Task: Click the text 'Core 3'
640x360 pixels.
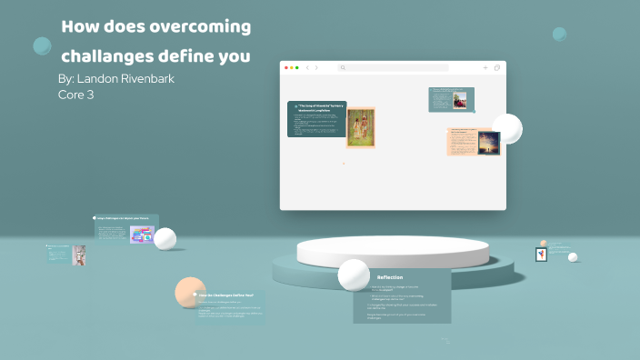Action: coord(75,94)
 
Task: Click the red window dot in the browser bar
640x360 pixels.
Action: coord(286,67)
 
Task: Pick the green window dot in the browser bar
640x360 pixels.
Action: coord(297,67)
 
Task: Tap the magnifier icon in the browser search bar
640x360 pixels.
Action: coord(343,67)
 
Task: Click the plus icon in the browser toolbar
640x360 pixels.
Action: coord(485,67)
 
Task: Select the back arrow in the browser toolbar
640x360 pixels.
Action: coord(307,67)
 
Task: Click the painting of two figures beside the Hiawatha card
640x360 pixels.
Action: coord(360,127)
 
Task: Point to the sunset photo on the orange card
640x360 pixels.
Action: coord(488,143)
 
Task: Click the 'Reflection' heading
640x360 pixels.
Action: coord(390,277)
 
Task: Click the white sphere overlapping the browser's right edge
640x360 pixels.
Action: coord(506,128)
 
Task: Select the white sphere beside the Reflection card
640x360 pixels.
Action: coord(353,274)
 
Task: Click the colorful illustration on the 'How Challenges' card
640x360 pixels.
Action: coord(141,235)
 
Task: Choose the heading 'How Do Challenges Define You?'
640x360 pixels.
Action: coord(226,296)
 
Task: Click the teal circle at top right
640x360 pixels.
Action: coord(559,35)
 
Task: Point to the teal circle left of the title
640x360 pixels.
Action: coord(42,45)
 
